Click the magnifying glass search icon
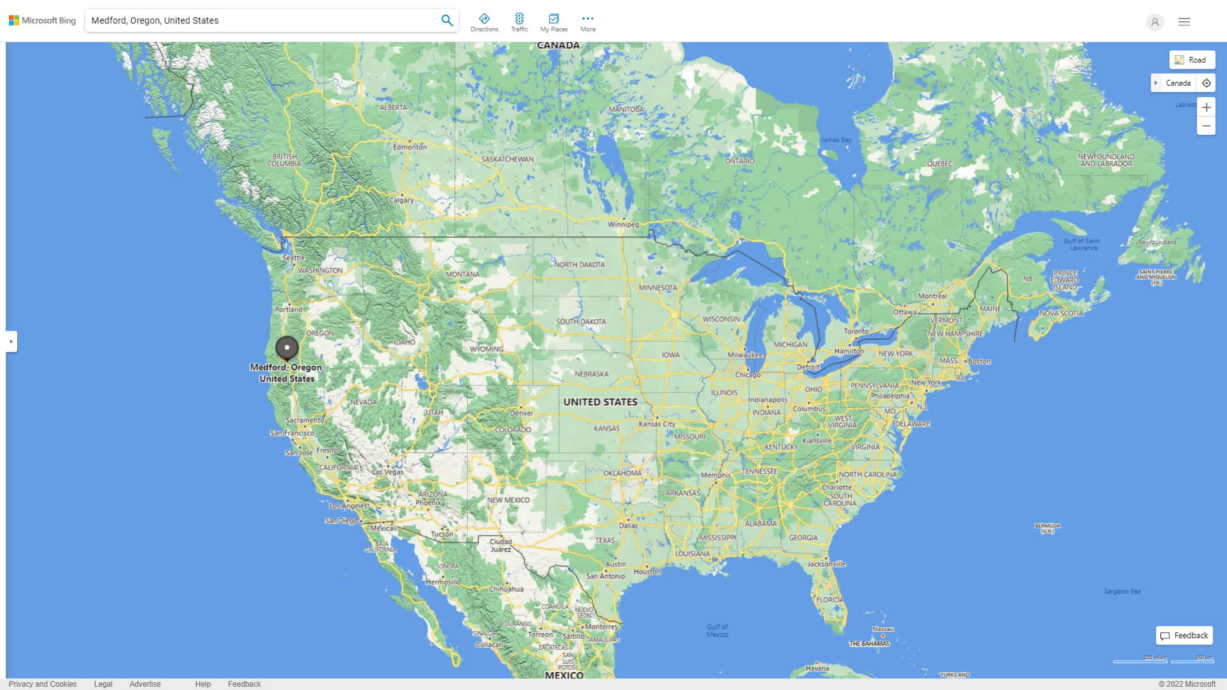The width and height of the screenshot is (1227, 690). tap(447, 20)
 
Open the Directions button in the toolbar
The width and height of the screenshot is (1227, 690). tap(484, 22)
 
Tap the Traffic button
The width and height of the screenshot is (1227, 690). tap(520, 22)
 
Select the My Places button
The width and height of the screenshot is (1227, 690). tap(553, 22)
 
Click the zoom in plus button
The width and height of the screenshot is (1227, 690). tap(1206, 107)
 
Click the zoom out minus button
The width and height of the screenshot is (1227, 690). tap(1206, 126)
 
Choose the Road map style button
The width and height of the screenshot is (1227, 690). tap(1192, 60)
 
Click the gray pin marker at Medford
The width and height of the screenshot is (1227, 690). tap(287, 348)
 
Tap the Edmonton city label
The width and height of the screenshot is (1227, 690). tap(410, 147)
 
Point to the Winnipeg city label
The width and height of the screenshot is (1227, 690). tap(623, 224)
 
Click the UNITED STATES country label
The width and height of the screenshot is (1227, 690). tap(600, 402)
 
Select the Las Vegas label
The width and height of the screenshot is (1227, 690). tap(388, 472)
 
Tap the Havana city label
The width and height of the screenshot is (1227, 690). tap(817, 668)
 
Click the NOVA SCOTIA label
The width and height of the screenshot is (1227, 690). tap(1061, 314)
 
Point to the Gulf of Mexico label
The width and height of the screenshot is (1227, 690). tap(717, 631)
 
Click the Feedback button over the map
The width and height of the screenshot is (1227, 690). tap(1184, 636)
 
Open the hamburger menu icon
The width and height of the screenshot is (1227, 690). tap(1184, 22)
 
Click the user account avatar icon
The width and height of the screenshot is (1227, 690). tap(1155, 22)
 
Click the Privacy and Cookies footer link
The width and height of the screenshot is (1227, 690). tap(43, 684)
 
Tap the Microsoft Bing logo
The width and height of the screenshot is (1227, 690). tap(42, 20)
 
